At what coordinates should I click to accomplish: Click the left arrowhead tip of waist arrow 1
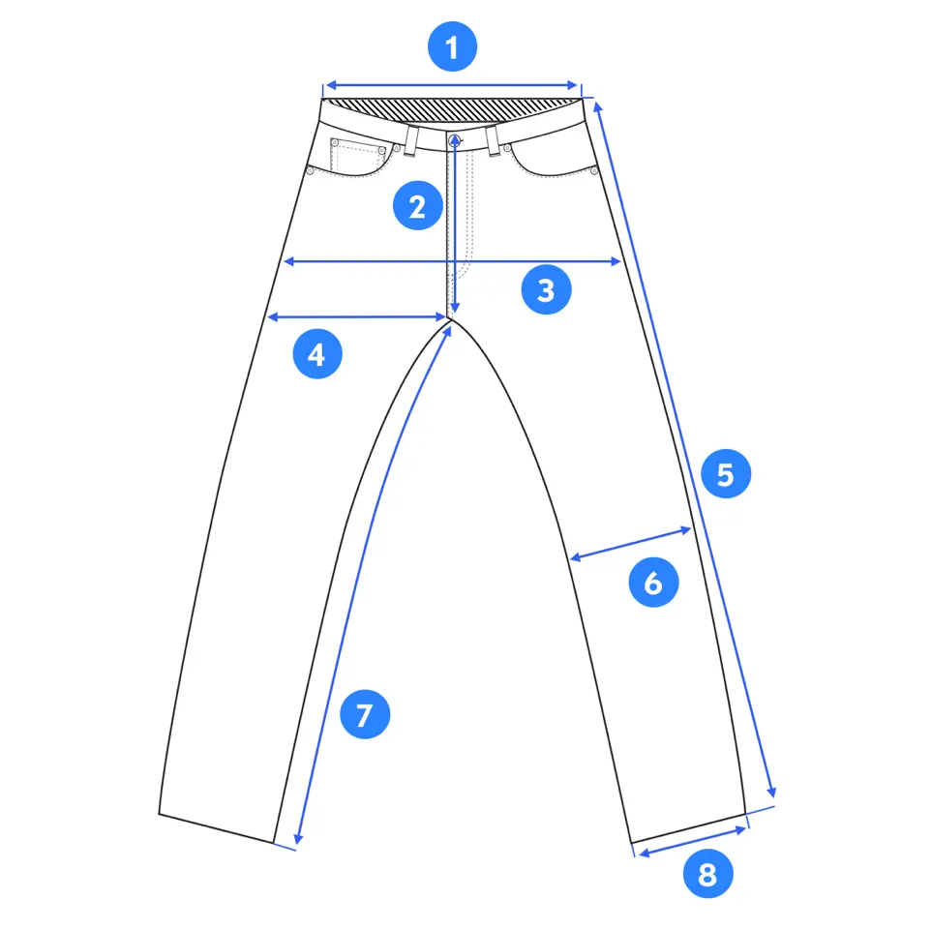(x=326, y=85)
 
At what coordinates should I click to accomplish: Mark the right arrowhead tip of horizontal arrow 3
(x=621, y=261)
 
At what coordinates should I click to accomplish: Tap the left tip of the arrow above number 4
(x=268, y=318)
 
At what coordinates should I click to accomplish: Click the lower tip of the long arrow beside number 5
(x=774, y=797)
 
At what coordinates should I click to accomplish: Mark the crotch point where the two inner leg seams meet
(x=451, y=319)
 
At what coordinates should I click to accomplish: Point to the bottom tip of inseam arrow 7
(x=296, y=844)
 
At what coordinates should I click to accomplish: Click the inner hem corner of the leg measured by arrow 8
(x=631, y=843)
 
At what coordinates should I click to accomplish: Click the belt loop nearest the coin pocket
(x=410, y=141)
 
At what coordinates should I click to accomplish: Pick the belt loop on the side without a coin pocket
(x=493, y=141)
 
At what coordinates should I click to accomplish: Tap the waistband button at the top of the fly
(x=455, y=141)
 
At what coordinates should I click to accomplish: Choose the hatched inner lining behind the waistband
(x=453, y=110)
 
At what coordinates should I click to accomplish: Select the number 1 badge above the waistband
(x=452, y=47)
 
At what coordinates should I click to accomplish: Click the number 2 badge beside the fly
(x=418, y=206)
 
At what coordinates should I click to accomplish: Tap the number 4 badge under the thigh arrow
(x=317, y=354)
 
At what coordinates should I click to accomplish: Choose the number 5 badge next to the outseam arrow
(x=726, y=474)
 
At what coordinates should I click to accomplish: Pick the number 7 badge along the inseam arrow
(x=365, y=714)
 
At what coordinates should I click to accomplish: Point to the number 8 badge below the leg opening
(x=707, y=874)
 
